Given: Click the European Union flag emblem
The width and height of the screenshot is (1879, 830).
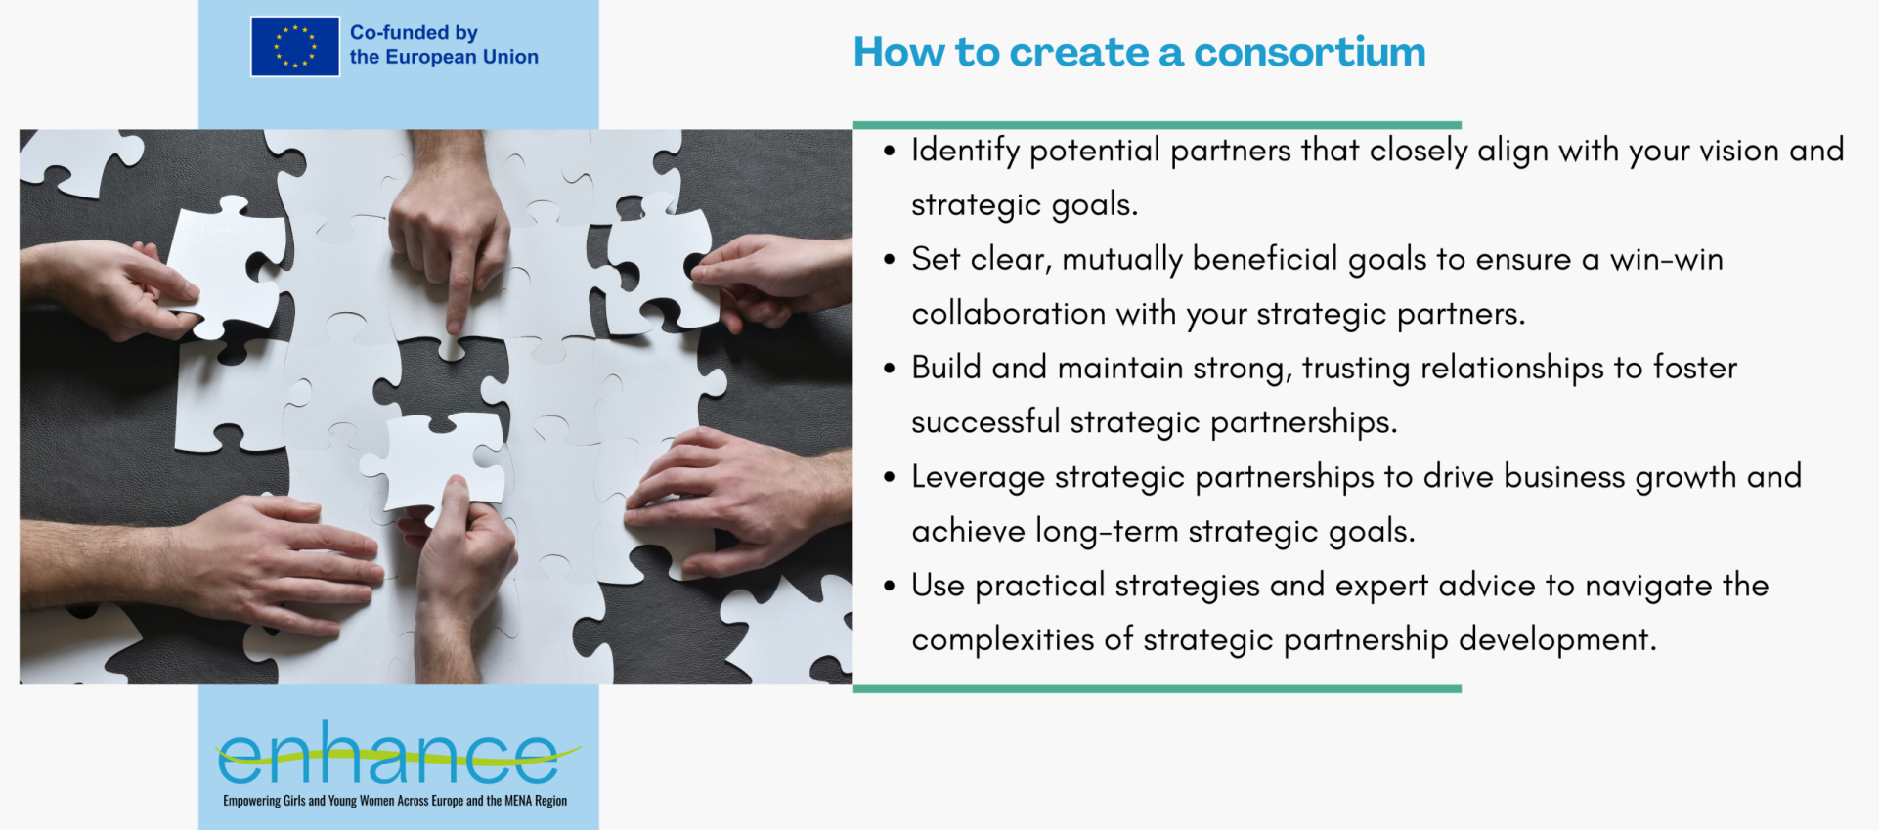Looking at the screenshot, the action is tap(295, 46).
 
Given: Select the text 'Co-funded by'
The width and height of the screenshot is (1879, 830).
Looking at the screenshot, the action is tap(414, 32).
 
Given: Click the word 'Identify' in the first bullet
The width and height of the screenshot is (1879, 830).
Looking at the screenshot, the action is tap(966, 152).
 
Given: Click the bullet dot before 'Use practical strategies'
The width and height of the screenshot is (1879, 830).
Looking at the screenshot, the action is tap(889, 586).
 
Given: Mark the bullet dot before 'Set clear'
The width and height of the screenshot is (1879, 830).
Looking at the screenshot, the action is tap(889, 260).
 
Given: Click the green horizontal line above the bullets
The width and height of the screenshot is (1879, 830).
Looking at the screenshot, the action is tap(1158, 125).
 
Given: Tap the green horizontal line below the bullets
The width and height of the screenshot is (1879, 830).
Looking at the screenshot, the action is tap(1158, 689).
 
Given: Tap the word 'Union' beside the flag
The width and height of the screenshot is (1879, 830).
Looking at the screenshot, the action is tap(510, 57).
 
